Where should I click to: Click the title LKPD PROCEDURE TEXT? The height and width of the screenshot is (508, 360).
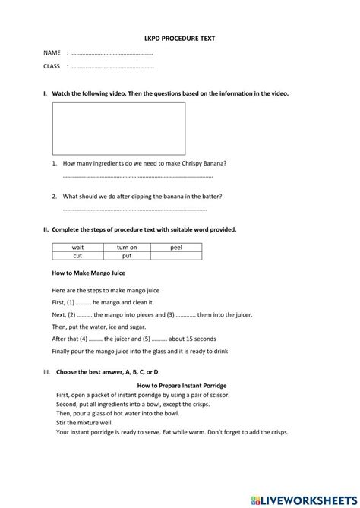point(180,36)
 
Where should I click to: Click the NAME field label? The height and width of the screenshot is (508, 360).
point(52,53)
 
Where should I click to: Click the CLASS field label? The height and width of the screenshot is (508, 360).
point(52,67)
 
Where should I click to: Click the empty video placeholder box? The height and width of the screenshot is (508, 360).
point(118,128)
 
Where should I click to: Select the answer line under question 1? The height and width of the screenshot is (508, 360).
point(137,177)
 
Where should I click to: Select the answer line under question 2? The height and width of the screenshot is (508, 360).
point(134,210)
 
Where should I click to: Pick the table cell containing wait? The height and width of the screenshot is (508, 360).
point(77,248)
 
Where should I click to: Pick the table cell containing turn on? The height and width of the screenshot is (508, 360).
point(126,248)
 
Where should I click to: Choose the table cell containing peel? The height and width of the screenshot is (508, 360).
point(176,248)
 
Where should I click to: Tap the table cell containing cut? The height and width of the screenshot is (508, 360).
point(77,257)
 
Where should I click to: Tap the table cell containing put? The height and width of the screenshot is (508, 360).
point(126,257)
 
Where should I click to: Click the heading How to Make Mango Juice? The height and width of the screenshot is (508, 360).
point(88,273)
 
